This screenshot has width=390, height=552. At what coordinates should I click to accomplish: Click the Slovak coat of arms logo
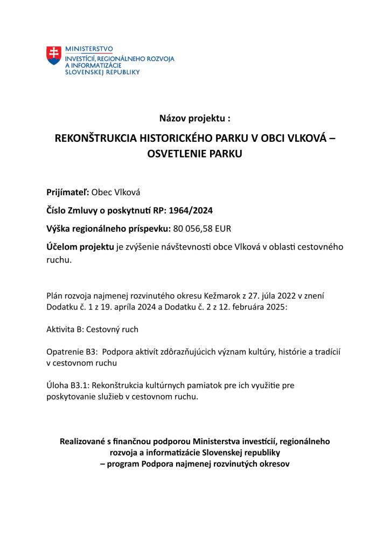pos(53,56)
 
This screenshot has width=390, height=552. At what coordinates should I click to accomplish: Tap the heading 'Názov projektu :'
pos(194,118)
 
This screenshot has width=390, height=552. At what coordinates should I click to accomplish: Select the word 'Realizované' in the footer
pos(85,441)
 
